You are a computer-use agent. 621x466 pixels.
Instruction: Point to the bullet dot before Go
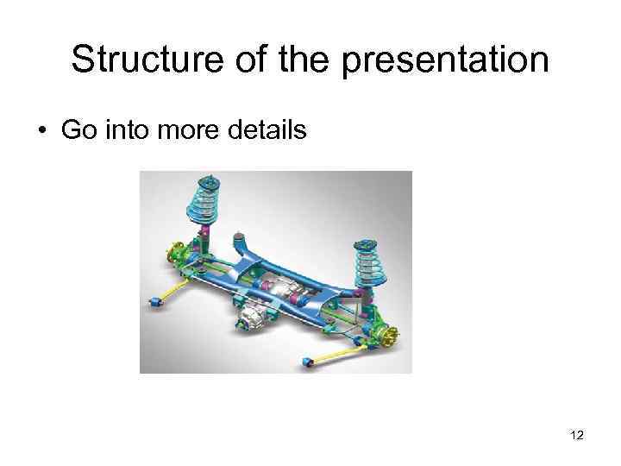[41, 131]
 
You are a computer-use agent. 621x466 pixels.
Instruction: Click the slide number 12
[576, 436]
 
